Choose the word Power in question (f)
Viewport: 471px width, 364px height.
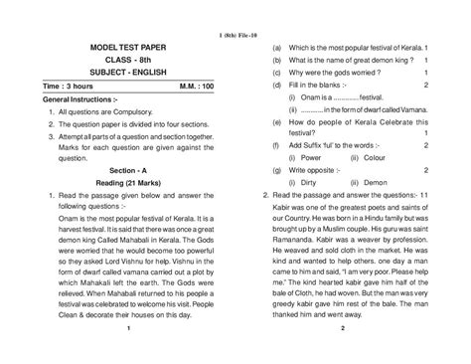pos(299,185)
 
